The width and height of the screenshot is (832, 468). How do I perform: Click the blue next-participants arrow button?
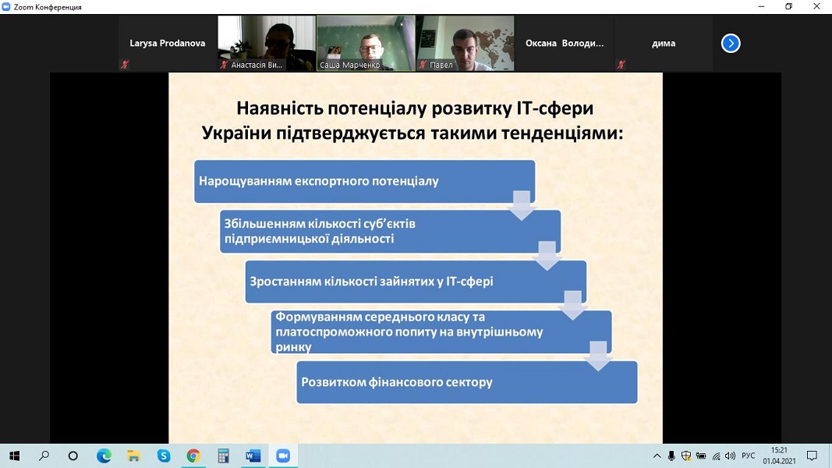pos(731,43)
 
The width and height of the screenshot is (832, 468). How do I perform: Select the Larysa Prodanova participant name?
pos(167,44)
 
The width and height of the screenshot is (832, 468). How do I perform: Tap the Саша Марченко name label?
pos(349,66)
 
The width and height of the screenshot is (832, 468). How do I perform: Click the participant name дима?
pos(664,44)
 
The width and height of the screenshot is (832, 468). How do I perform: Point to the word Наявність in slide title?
pos(279,108)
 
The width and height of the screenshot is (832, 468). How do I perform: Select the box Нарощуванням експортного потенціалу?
pos(364,182)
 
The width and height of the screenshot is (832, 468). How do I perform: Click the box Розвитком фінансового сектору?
pos(467,382)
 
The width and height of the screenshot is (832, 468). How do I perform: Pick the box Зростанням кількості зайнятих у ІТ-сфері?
pos(416,282)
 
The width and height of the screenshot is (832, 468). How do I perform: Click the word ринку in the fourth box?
pos(293,348)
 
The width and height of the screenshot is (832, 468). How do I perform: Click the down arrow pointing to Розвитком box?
pos(598,356)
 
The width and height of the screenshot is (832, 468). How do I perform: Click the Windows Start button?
pos(14,456)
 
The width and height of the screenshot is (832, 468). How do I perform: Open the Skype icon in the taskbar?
pos(164,456)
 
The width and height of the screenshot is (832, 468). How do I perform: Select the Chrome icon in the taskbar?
pos(193,456)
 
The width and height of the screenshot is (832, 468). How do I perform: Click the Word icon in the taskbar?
pos(253,456)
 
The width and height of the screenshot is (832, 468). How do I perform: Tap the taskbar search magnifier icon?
pos(44,456)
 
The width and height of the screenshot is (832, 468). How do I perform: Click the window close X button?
pos(816,7)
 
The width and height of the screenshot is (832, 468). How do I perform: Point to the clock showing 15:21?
pos(779,451)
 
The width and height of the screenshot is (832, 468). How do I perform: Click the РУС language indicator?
pos(748,456)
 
